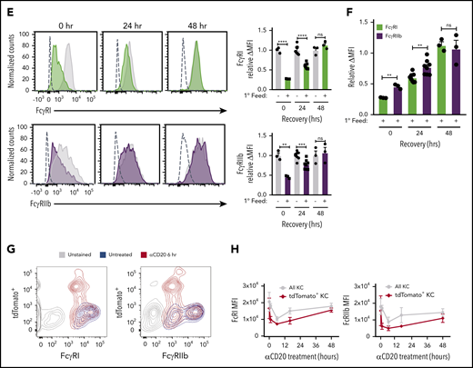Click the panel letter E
tap(6, 6)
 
